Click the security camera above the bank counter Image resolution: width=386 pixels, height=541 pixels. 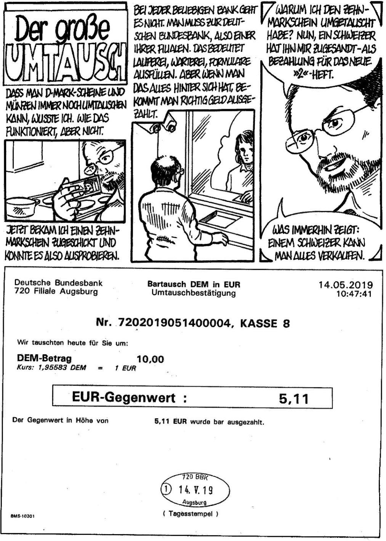click(x=168, y=124)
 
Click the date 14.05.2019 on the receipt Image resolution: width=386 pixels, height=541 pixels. click(x=346, y=285)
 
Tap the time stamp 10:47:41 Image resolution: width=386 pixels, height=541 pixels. click(x=354, y=294)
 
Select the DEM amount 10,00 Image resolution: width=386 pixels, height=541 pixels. click(x=150, y=359)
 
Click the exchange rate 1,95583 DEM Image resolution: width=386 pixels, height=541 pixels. click(x=57, y=368)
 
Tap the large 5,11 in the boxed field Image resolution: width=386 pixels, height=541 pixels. click(x=294, y=399)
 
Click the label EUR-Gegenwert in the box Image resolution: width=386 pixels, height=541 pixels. click(x=124, y=398)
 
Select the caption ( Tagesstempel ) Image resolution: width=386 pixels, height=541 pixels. click(x=191, y=514)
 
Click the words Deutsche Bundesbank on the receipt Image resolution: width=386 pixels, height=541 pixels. click(x=58, y=283)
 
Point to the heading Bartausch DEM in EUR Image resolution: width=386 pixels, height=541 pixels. click(x=194, y=284)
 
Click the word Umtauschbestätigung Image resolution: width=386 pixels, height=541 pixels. click(x=194, y=293)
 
